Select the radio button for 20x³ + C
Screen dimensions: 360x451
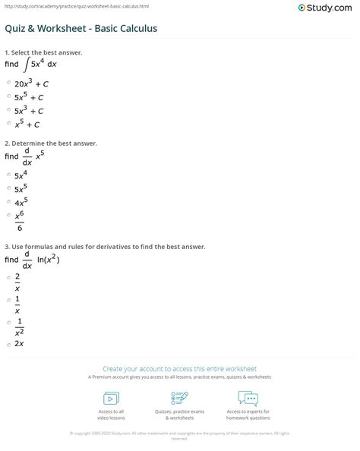(x=8, y=83)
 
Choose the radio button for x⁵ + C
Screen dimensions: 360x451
(x=8, y=124)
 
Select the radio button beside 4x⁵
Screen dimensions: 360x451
(x=8, y=203)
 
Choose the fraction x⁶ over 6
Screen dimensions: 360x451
(x=20, y=222)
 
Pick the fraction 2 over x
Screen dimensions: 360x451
(x=17, y=282)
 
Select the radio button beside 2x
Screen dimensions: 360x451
(x=8, y=344)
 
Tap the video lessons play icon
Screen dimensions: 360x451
(x=111, y=399)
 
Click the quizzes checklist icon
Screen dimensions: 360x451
(x=180, y=399)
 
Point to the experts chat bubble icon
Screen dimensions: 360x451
(x=248, y=399)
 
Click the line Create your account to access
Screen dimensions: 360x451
(x=180, y=367)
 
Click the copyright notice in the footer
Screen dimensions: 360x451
(x=180, y=436)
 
